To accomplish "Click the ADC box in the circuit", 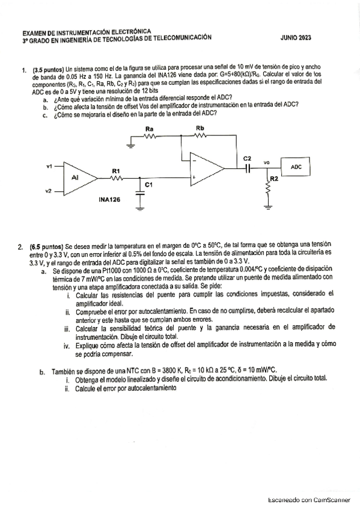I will tap(296, 168).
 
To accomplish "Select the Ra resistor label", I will tap(150, 129).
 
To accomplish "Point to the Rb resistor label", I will tap(200, 129).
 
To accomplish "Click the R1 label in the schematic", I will tap(116, 171).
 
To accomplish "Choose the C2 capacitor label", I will tap(247, 158).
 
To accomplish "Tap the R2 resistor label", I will tap(274, 179).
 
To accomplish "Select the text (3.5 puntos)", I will tap(48, 69).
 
